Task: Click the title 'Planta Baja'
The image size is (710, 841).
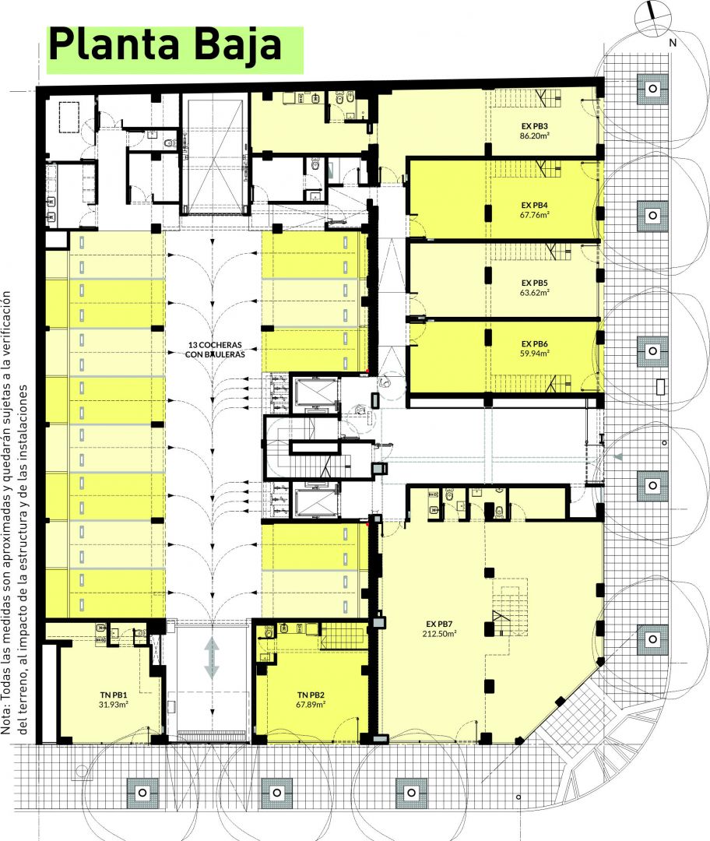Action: [x=165, y=46]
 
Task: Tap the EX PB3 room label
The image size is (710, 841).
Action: [x=534, y=126]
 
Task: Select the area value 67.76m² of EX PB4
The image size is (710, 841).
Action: [x=534, y=215]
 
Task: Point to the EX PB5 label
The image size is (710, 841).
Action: [x=534, y=283]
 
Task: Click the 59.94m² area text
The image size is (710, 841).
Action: [x=534, y=354]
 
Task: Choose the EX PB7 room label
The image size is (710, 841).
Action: [x=439, y=624]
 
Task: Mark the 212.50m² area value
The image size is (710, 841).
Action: [x=439, y=633]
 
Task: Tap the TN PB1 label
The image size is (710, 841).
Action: [x=113, y=695]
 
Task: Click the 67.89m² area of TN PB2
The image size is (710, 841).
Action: [x=311, y=705]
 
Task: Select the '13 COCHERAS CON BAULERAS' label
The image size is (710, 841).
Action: [x=215, y=350]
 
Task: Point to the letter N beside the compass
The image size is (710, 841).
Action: [x=673, y=43]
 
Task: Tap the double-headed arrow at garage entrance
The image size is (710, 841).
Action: [x=213, y=657]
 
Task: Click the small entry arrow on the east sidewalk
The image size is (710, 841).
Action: [x=618, y=457]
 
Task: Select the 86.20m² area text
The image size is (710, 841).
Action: [x=534, y=135]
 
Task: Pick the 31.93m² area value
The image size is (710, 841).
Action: [x=113, y=705]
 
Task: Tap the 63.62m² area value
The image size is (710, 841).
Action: [x=534, y=292]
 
